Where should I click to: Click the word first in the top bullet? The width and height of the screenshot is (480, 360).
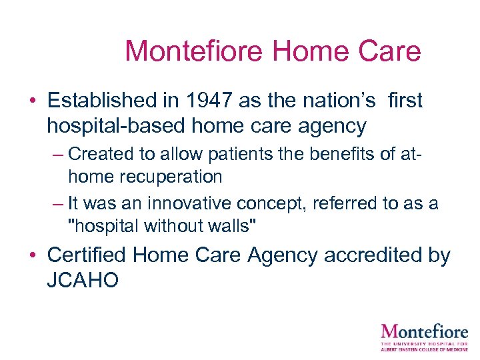click(x=404, y=101)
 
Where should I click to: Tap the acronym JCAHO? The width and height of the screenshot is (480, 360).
click(x=83, y=279)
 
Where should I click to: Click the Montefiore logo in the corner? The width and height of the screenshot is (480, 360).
click(x=423, y=337)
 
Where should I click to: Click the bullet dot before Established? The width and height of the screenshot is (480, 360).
click(x=32, y=101)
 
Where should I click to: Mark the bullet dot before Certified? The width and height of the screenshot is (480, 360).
click(x=32, y=256)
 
